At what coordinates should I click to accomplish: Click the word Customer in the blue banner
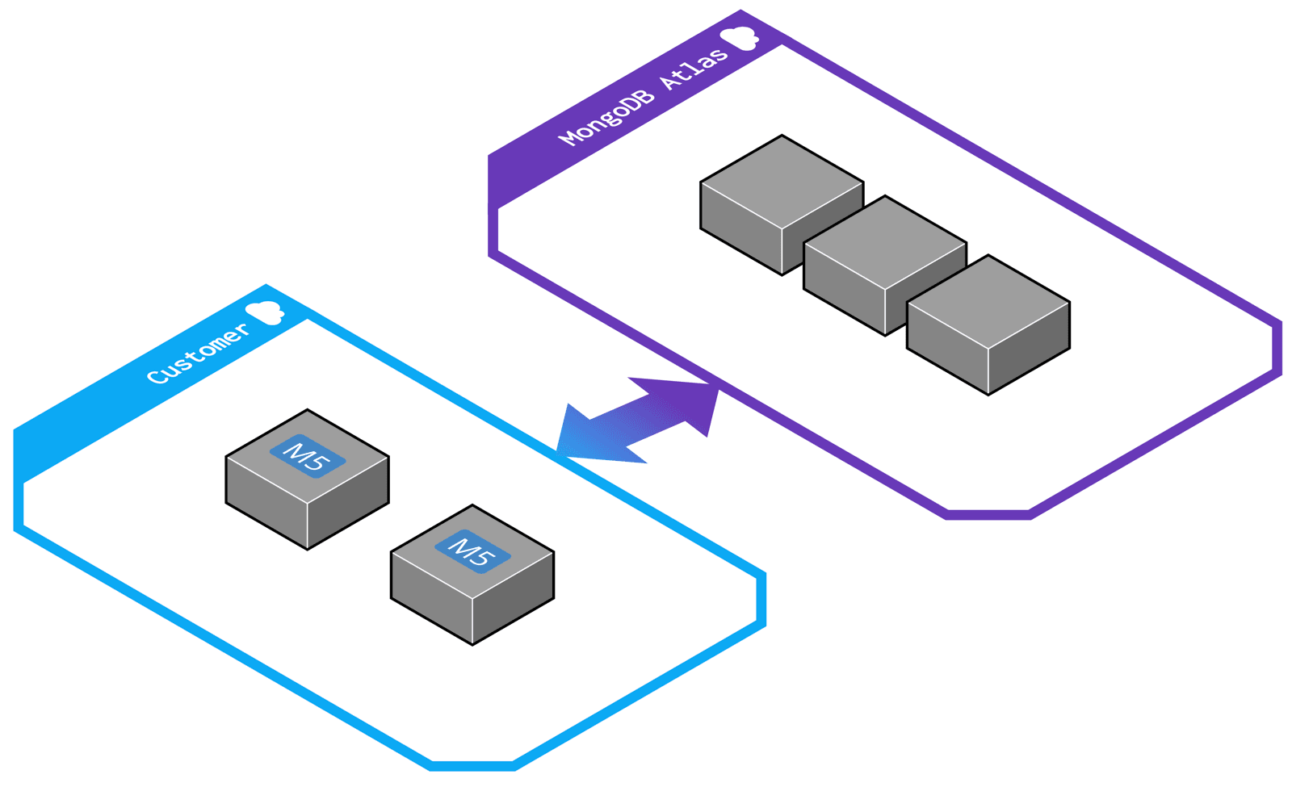(x=198, y=354)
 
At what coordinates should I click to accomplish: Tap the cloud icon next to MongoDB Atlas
(x=738, y=38)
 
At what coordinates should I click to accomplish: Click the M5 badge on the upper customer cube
(x=307, y=458)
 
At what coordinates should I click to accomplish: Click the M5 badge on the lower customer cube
(x=472, y=553)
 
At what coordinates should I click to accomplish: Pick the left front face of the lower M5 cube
(x=431, y=598)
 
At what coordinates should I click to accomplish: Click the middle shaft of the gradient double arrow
(x=638, y=420)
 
